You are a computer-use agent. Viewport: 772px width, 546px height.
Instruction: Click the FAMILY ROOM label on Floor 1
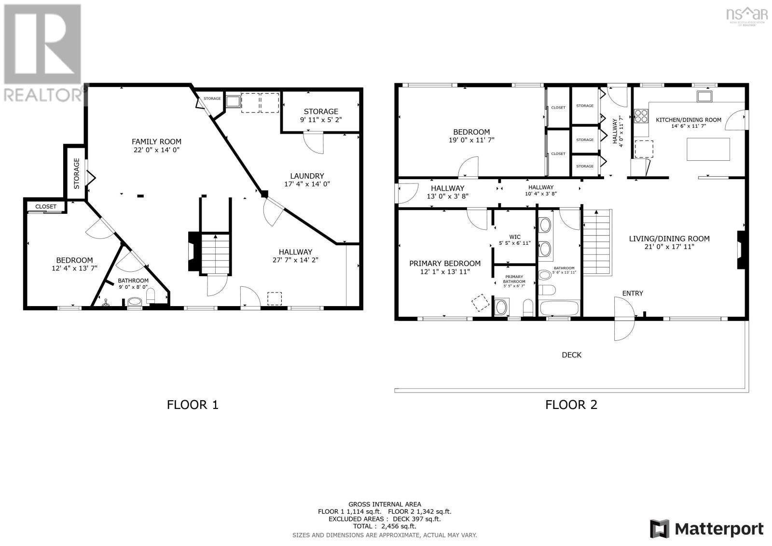point(156,141)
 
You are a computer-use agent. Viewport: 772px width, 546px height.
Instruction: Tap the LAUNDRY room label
point(307,176)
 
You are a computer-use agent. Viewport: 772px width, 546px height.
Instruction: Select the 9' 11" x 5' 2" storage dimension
point(321,120)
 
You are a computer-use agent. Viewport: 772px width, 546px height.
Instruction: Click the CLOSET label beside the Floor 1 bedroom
point(46,207)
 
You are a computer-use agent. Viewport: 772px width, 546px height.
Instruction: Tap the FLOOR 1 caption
point(193,405)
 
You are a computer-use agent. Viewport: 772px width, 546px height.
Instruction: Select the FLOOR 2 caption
point(571,405)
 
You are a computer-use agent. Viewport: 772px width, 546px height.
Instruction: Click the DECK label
point(571,355)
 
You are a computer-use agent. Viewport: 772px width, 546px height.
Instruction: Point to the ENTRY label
point(632,293)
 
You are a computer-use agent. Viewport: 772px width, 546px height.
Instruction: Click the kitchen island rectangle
point(708,149)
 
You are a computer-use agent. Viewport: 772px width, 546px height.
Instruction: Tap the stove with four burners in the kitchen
point(641,116)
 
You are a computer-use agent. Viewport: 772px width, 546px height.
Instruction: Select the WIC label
point(515,237)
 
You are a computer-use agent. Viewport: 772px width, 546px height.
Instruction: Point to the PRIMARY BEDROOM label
point(444,264)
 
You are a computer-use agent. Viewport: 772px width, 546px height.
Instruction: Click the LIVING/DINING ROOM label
point(669,238)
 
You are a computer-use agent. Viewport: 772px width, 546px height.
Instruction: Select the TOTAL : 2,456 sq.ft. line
point(384,526)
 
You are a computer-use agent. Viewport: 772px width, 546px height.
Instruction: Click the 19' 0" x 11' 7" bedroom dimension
point(471,140)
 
